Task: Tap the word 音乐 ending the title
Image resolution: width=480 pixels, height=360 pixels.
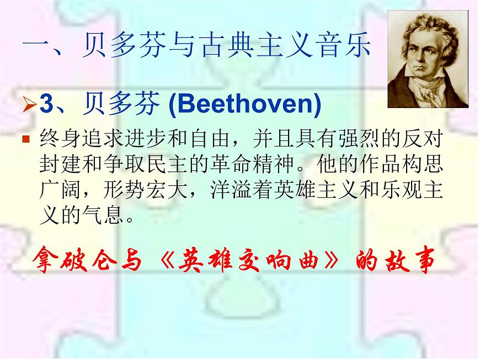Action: click(x=348, y=47)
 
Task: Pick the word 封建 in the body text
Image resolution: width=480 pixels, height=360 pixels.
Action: click(x=55, y=164)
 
